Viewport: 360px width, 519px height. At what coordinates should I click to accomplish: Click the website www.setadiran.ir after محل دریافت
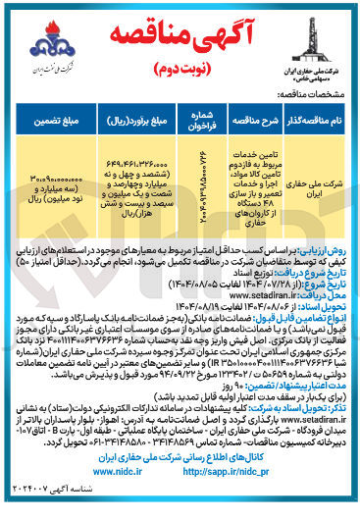[x=288, y=291]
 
